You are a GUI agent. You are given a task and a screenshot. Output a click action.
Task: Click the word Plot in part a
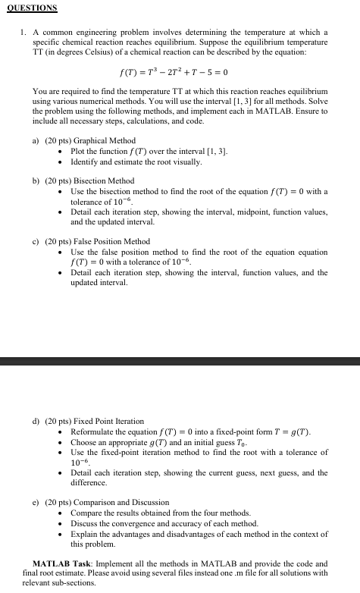point(78,152)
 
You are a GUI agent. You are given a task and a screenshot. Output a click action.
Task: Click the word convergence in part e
point(133,524)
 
